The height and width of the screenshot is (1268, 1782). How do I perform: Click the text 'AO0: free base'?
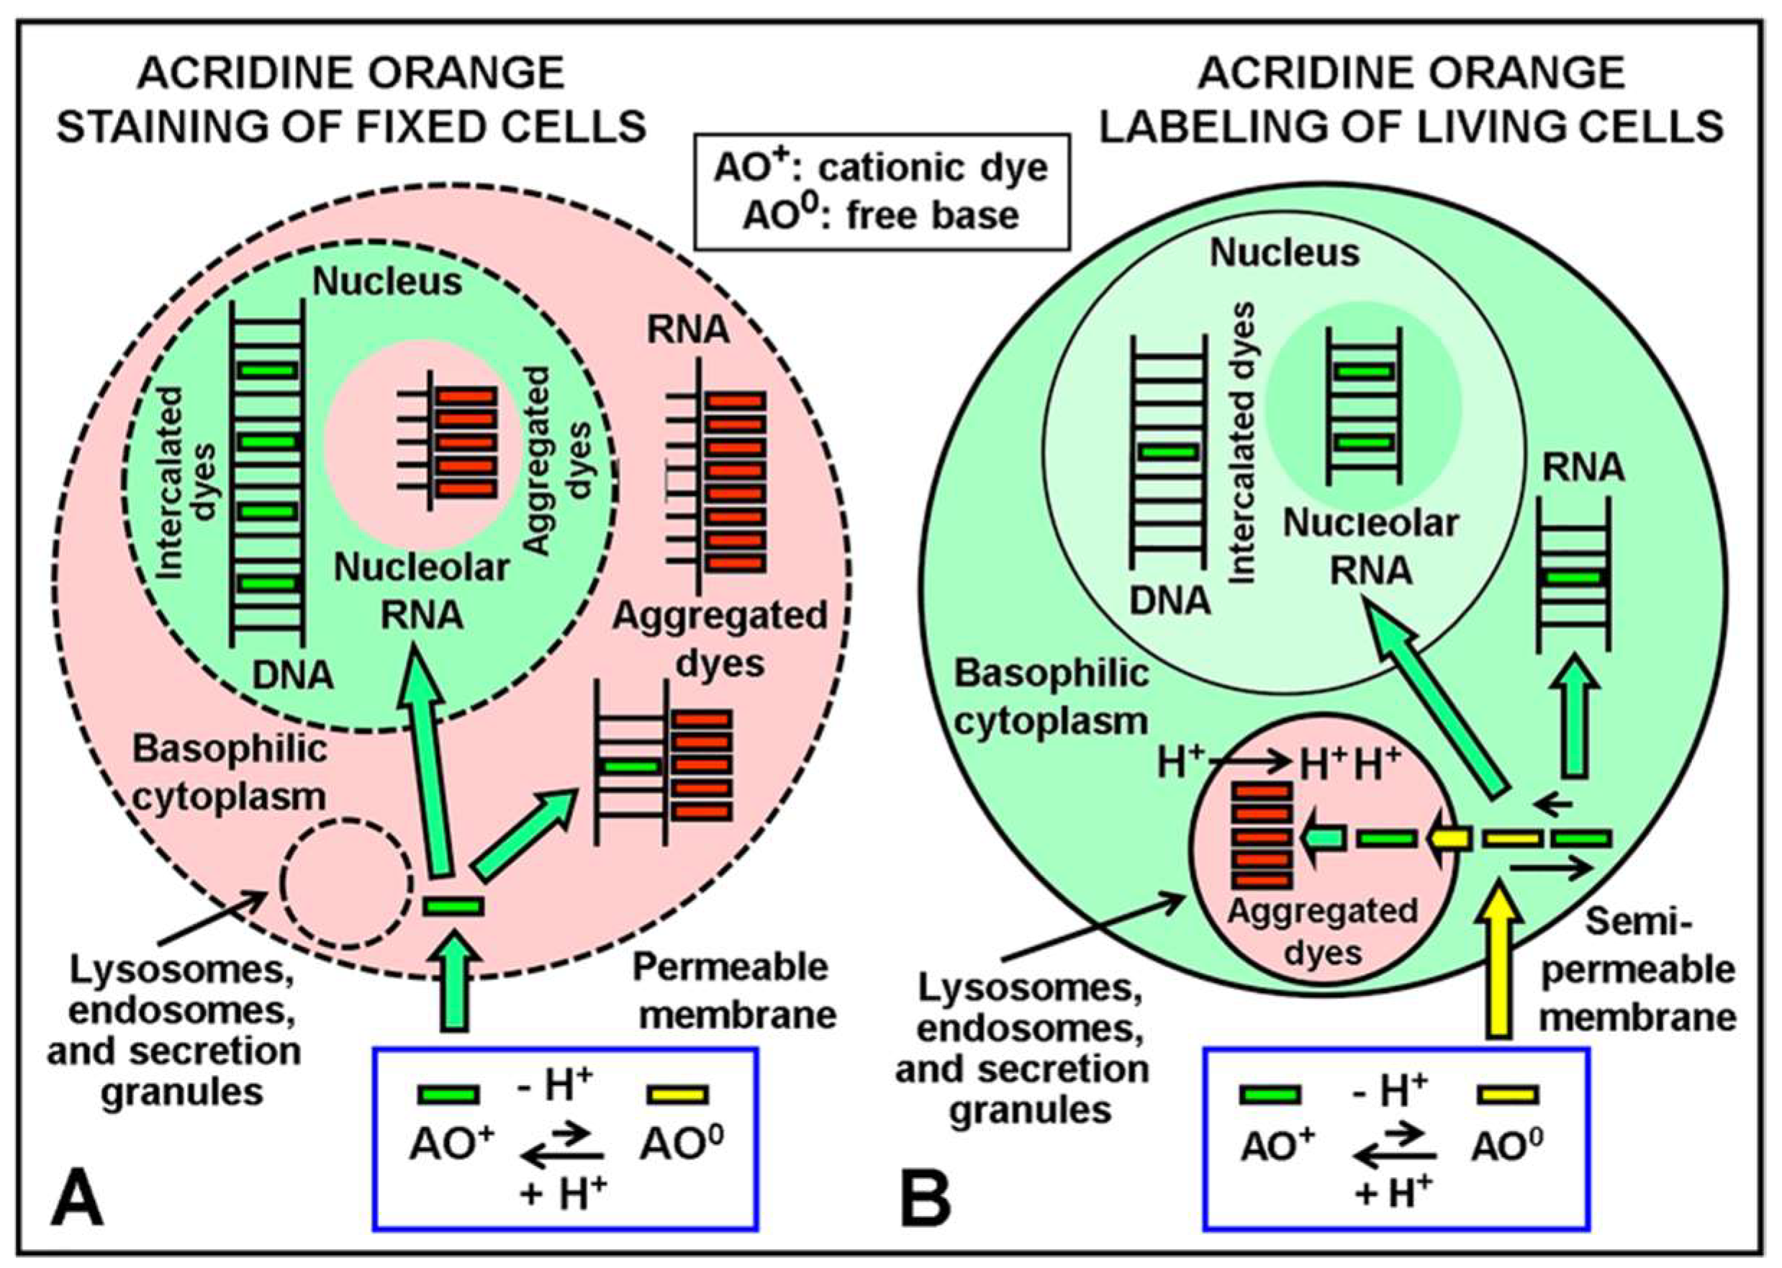click(881, 215)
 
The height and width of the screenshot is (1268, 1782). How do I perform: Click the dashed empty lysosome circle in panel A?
click(346, 882)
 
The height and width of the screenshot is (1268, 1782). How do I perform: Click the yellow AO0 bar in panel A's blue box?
click(677, 1094)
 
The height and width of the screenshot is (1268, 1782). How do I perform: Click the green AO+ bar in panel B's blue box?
click(1270, 1094)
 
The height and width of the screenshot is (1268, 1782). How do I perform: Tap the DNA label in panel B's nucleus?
click(1170, 600)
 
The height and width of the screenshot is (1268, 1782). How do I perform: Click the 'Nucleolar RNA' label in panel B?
click(1370, 546)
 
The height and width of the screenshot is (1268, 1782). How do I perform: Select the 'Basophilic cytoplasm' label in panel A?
click(229, 773)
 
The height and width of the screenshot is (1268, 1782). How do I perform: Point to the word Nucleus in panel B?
click(1285, 253)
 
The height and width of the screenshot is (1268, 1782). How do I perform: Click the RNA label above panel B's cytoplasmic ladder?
click(1583, 468)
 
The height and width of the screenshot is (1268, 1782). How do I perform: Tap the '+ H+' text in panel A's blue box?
click(563, 1193)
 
